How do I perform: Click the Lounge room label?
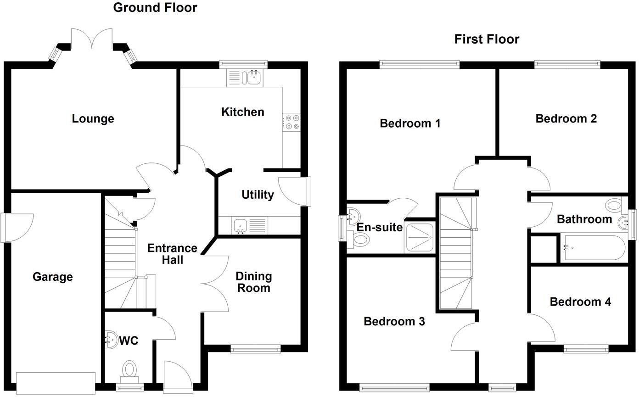pos(93,119)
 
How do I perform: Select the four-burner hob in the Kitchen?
pos(291,122)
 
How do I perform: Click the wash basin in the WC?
pos(111,340)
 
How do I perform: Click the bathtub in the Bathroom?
pos(593,248)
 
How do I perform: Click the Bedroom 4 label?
pos(580,302)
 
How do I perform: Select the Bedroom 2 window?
pos(567,64)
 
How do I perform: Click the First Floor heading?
pos(487,39)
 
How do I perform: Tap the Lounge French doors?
pos(92,39)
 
